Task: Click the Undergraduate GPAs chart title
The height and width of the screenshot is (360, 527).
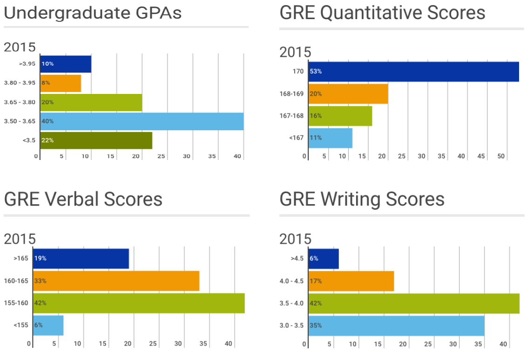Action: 92,13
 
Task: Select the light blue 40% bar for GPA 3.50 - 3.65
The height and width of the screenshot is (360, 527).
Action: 142,121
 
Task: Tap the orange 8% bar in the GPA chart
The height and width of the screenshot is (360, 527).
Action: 61,83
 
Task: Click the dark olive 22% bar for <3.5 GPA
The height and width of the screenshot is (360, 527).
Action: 96,140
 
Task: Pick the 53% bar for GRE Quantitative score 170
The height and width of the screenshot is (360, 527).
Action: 413,72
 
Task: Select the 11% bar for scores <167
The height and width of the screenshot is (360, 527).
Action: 330,138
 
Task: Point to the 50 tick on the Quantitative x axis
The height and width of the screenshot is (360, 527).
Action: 501,156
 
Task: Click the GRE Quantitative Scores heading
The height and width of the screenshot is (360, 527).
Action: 382,13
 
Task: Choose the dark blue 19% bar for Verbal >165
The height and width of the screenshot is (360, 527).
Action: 81,259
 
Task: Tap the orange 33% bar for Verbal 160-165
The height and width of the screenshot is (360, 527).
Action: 116,281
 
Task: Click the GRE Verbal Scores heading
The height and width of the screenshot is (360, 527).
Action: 83,199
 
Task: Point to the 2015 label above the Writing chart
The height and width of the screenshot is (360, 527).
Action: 295,239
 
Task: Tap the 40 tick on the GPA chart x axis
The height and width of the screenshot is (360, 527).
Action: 237,156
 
